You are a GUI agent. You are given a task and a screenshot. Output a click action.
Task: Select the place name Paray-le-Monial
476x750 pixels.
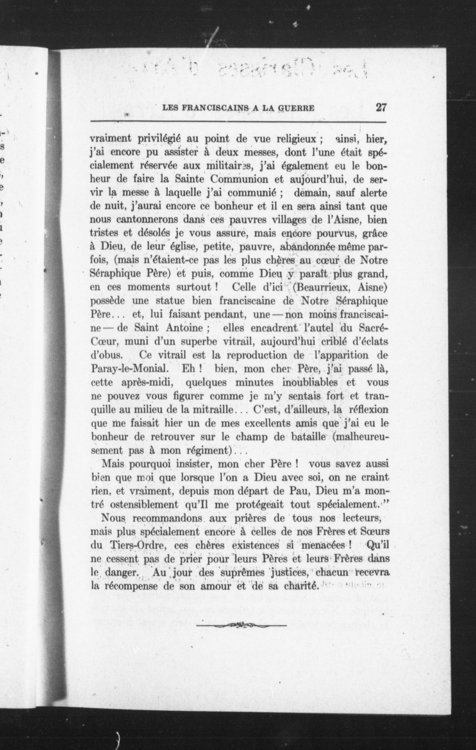point(130,368)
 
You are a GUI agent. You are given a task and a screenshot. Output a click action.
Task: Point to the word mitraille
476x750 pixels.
point(212,409)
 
